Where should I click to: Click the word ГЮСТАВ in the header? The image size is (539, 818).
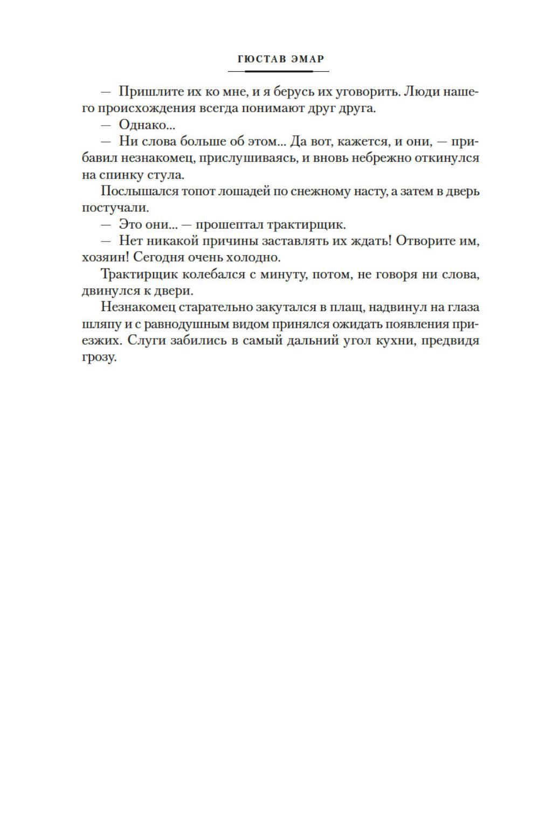261,59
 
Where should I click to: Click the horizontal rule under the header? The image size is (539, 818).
278,71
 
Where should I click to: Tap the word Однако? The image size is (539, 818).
143,125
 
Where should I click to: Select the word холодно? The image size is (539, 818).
254,258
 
